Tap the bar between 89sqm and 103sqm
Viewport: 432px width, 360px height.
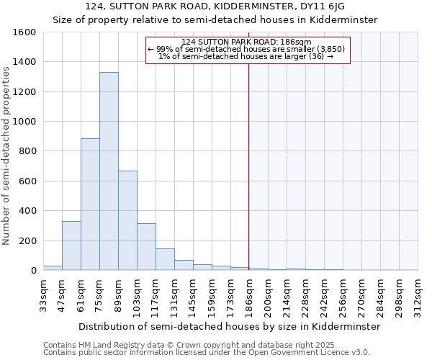pyautogui.click(x=127, y=220)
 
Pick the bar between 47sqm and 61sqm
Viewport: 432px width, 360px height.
pyautogui.click(x=71, y=246)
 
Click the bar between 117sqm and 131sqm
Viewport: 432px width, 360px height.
pyautogui.click(x=165, y=259)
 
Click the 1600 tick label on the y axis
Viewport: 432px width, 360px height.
pyautogui.click(x=24, y=32)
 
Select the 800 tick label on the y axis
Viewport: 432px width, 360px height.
pyautogui.click(x=27, y=151)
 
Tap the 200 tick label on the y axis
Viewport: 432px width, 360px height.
pyautogui.click(x=27, y=240)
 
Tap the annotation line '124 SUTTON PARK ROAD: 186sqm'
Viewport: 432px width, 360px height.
pyautogui.click(x=247, y=42)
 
